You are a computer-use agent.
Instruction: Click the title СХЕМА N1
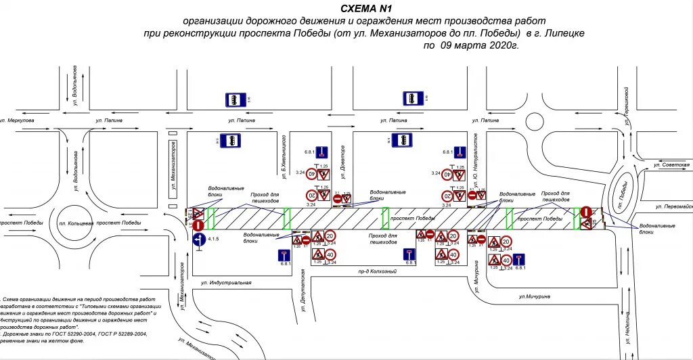click(367, 8)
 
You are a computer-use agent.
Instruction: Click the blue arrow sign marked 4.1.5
click(198, 240)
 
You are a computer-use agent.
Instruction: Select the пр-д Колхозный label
click(378, 271)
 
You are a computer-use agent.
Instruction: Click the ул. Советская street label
click(671, 164)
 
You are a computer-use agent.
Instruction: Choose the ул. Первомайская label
click(674, 207)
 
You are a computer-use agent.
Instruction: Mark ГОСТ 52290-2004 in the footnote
click(76, 334)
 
